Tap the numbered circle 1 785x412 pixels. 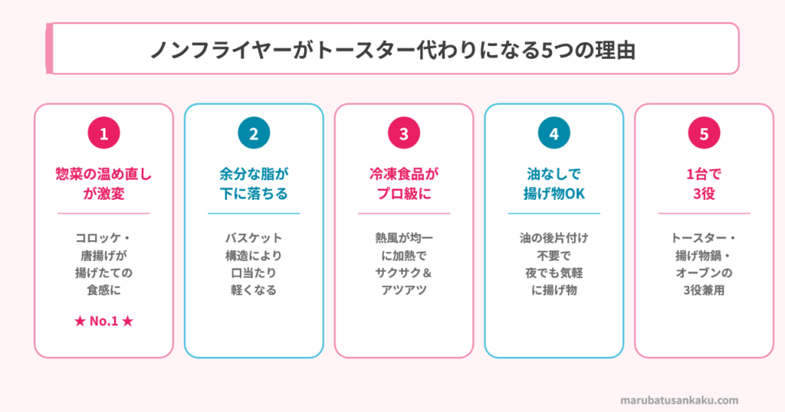click(103, 134)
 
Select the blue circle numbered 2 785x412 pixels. click(254, 134)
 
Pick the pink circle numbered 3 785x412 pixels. click(404, 134)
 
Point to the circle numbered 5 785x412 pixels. click(704, 134)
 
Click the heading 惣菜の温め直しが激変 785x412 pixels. click(103, 184)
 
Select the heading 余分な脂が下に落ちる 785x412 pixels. click(254, 184)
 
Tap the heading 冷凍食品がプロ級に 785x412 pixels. click(404, 184)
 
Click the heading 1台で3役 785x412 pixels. click(704, 184)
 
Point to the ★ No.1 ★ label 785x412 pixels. click(103, 320)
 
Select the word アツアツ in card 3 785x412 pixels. click(404, 290)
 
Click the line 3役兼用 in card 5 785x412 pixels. click(704, 290)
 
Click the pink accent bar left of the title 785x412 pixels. click(49, 48)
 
